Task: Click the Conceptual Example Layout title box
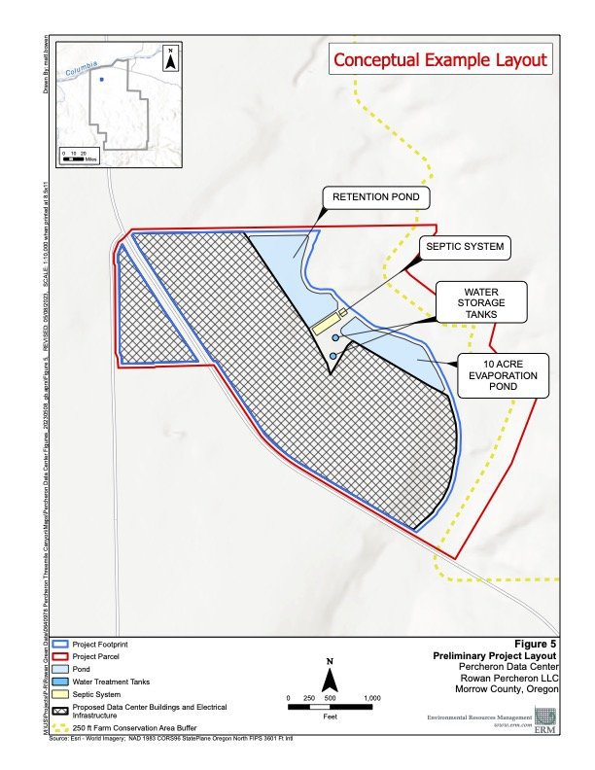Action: [x=440, y=59]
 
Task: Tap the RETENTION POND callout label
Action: [x=376, y=197]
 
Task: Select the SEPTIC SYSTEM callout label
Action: [x=465, y=247]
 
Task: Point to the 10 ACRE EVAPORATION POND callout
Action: [x=502, y=376]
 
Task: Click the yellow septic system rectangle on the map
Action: [x=329, y=323]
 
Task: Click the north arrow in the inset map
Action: [x=170, y=59]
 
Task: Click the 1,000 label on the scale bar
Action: [x=370, y=699]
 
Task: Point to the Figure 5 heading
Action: [x=537, y=644]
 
